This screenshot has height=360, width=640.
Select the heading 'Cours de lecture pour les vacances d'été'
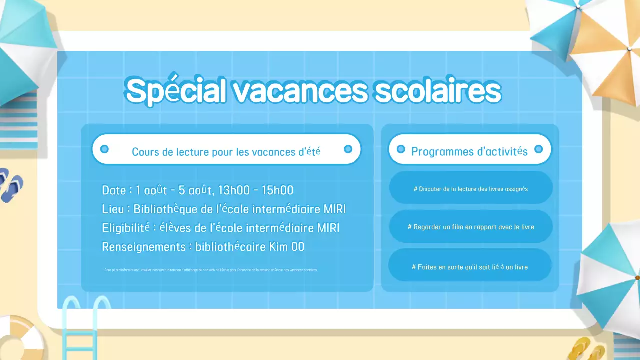226,151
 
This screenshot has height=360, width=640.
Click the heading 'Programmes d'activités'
469,151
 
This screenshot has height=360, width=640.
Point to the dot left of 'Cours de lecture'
104,149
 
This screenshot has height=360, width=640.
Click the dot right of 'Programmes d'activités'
538,149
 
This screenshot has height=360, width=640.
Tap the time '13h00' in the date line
233,190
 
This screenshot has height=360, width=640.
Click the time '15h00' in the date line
278,190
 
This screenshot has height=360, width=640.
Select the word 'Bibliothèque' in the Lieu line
165,209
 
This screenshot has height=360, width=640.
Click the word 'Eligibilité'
126,228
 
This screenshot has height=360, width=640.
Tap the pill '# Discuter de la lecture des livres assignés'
471,189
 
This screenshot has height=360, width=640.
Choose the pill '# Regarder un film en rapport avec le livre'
471,227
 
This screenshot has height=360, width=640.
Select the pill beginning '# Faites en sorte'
470,267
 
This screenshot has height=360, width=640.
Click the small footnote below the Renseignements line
210,270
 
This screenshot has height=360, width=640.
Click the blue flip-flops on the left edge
10,185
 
